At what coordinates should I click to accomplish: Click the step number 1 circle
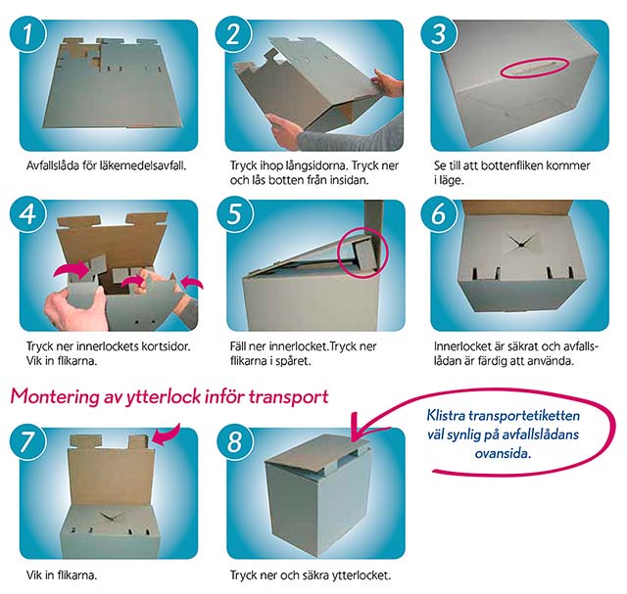click(28, 34)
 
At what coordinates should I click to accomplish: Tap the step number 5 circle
click(235, 214)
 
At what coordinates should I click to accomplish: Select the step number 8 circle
click(235, 442)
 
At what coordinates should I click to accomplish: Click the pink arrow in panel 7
click(167, 434)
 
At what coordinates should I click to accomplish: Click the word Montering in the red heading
click(55, 397)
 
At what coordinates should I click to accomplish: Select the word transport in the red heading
click(288, 397)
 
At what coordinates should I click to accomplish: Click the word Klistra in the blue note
click(446, 416)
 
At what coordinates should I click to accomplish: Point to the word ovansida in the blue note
click(502, 453)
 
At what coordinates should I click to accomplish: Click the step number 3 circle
click(439, 34)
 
